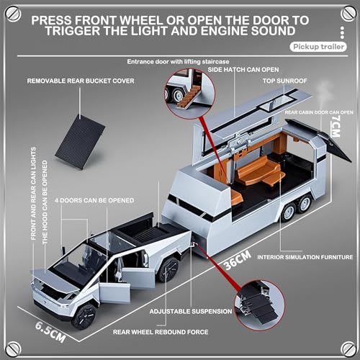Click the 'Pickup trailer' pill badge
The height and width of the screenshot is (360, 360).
[316, 47]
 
